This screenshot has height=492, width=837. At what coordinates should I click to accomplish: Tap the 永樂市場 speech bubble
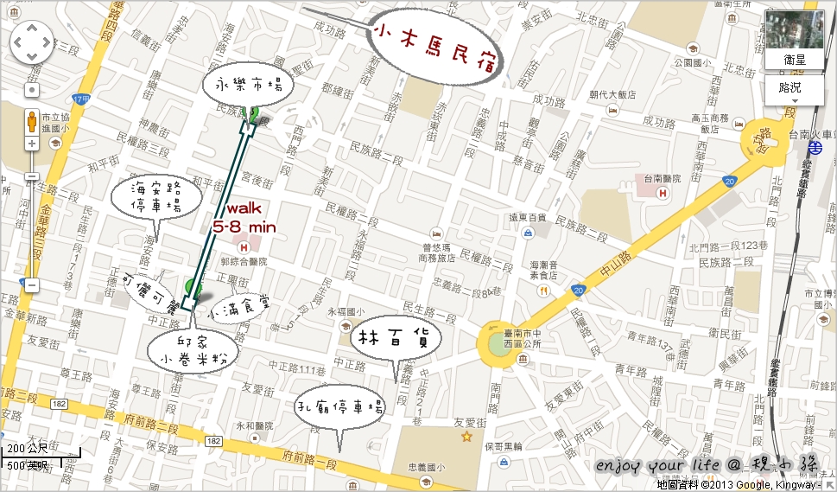click(x=249, y=86)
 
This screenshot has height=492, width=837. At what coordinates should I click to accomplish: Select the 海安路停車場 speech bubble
click(x=156, y=198)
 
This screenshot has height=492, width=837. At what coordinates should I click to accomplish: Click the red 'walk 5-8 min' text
click(x=244, y=218)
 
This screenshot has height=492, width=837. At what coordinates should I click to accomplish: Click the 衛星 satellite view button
click(x=795, y=60)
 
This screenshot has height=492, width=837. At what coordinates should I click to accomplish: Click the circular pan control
click(x=32, y=42)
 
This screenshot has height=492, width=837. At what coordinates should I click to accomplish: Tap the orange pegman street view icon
click(x=32, y=120)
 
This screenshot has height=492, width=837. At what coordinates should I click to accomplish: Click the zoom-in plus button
click(x=32, y=143)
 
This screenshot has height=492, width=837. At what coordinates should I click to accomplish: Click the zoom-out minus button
click(x=32, y=284)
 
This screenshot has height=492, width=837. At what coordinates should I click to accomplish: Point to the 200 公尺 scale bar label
click(x=27, y=450)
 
